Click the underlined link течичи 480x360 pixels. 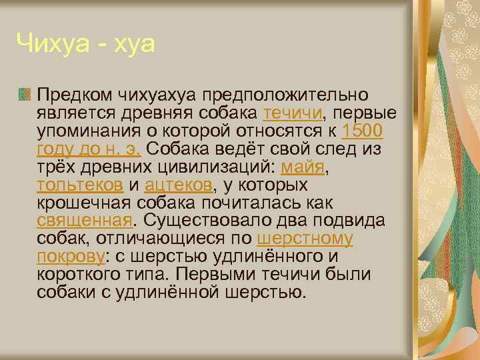click(x=293, y=113)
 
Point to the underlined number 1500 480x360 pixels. click(x=362, y=130)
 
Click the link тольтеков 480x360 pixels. click(x=80, y=184)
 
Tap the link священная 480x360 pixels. click(x=83, y=220)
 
